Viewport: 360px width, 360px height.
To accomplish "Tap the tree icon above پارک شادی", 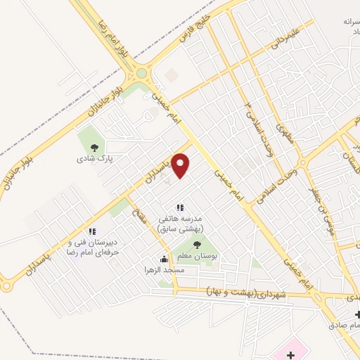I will (x=94, y=147).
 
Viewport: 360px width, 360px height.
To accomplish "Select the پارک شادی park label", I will (x=95, y=159).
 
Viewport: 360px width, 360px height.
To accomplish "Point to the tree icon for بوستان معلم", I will (x=197, y=245).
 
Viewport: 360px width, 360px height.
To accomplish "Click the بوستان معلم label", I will (x=197, y=257).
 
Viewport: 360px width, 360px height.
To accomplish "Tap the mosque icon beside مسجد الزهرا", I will (x=164, y=259).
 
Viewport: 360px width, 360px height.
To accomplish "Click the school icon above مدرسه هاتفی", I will (x=180, y=207).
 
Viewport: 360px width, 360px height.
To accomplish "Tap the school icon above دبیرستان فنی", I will (x=91, y=231).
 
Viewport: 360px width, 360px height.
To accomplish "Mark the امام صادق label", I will (x=342, y=325).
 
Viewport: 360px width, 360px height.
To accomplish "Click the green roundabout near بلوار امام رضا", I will (x=142, y=72).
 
